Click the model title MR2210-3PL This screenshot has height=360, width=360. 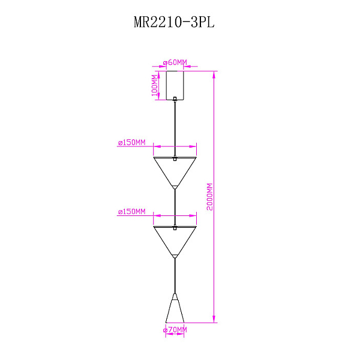pyautogui.click(x=174, y=23)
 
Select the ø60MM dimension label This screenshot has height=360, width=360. pyautogui.click(x=175, y=62)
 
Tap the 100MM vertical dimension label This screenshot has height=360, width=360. pyautogui.click(x=155, y=85)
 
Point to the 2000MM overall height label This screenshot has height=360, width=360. pyautogui.click(x=209, y=197)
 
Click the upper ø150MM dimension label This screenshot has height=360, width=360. pyautogui.click(x=132, y=142)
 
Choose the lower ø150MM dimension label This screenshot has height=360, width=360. pyautogui.click(x=132, y=211)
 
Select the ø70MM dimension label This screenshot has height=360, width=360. pyautogui.click(x=175, y=330)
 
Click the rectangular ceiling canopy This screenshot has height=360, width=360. pyautogui.click(x=175, y=85)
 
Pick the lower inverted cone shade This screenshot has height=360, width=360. pyautogui.click(x=175, y=242)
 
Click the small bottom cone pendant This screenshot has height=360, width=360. pyautogui.click(x=175, y=308)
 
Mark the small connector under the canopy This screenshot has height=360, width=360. pyautogui.click(x=175, y=99)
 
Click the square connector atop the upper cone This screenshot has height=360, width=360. pyautogui.click(x=175, y=158)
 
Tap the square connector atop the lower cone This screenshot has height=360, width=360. pyautogui.click(x=175, y=227)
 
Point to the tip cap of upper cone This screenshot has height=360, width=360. pyautogui.click(x=175, y=187)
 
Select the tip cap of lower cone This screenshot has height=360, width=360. pyautogui.click(x=175, y=256)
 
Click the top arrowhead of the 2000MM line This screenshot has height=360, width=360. pyautogui.click(x=214, y=75)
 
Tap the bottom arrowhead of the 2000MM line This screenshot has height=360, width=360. pyautogui.click(x=214, y=319)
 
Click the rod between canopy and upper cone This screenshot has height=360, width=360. pyautogui.click(x=175, y=128)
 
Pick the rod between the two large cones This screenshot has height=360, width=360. pyautogui.click(x=175, y=208)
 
